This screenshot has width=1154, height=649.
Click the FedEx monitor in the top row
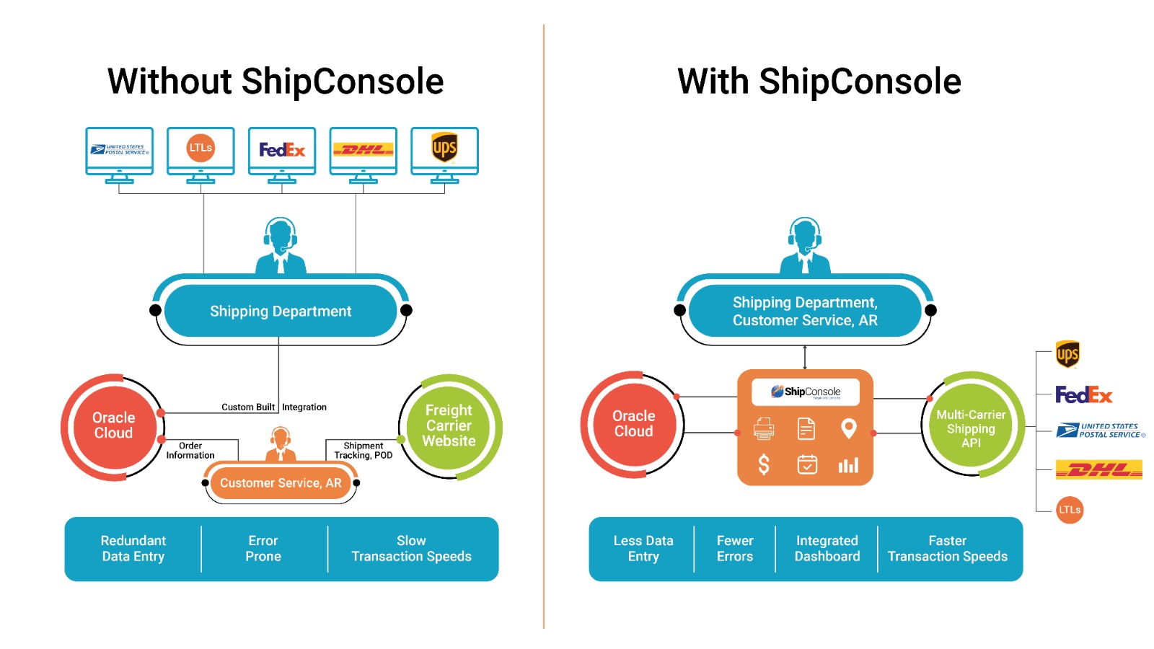pyautogui.click(x=282, y=151)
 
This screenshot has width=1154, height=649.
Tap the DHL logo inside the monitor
pyautogui.click(x=363, y=150)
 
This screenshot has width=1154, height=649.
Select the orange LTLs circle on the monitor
pyautogui.click(x=201, y=148)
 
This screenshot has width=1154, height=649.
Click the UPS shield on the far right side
pyautogui.click(x=1067, y=354)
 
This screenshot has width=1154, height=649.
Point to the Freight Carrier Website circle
pyautogui.click(x=449, y=426)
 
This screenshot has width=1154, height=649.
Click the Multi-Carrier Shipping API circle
pyautogui.click(x=971, y=428)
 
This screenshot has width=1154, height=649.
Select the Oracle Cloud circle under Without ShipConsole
pyautogui.click(x=114, y=425)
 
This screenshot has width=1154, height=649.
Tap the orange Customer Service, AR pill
pyautogui.click(x=281, y=483)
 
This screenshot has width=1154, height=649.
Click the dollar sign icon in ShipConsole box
pyautogui.click(x=764, y=464)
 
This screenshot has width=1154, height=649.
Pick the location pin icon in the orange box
pyautogui.click(x=849, y=428)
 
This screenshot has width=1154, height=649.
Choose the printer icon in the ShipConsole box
pyautogui.click(x=764, y=429)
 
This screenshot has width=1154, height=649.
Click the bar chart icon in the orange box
pyautogui.click(x=848, y=465)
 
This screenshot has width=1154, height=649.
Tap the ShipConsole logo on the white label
pyautogui.click(x=805, y=392)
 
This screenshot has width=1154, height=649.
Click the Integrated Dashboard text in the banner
pyautogui.click(x=827, y=549)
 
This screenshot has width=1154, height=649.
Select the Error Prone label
pyautogui.click(x=263, y=549)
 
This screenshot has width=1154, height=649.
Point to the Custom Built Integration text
pyautogui.click(x=274, y=407)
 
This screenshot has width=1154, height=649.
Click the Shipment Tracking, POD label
pyautogui.click(x=363, y=451)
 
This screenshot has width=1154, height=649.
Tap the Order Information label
pyautogui.click(x=190, y=451)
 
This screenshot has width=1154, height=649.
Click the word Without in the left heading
pyautogui.click(x=170, y=81)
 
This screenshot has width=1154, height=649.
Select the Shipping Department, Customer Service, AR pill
pyautogui.click(x=805, y=312)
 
